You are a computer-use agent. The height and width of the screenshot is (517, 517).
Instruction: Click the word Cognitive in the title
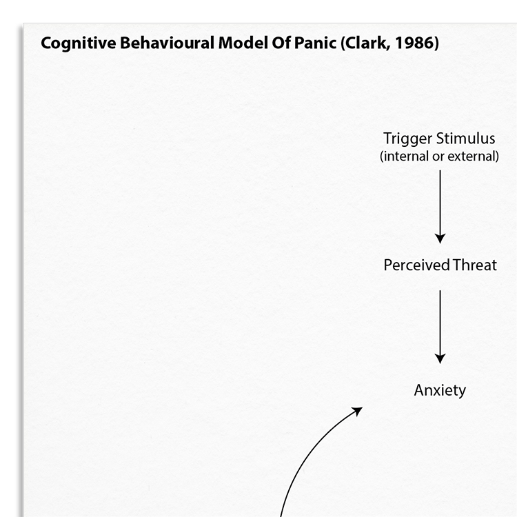pos(79,43)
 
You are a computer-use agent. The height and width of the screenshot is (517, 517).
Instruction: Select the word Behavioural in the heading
pos(168,43)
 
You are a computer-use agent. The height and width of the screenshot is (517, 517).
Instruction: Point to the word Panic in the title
pos(315,43)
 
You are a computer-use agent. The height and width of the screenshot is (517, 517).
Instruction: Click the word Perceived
pos(417,265)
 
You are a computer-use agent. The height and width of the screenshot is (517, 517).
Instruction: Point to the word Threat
pos(474,265)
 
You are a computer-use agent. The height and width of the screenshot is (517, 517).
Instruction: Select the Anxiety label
pos(440,391)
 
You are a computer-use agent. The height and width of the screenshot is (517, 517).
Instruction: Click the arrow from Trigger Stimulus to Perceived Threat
pos(440,207)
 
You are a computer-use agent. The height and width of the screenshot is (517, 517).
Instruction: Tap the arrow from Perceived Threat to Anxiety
pos(440,327)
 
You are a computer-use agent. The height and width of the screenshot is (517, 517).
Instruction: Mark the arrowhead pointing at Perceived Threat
pos(440,239)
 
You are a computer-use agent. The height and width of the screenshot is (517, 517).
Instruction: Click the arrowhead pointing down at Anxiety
pos(440,358)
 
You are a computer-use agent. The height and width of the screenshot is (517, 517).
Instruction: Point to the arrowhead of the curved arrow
pos(358,411)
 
